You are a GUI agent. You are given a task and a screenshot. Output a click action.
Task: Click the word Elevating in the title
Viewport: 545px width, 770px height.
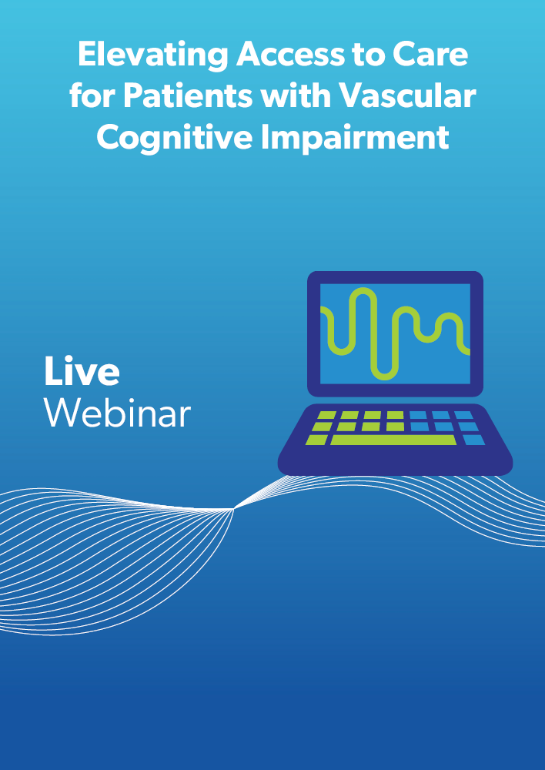pyautogui.click(x=152, y=55)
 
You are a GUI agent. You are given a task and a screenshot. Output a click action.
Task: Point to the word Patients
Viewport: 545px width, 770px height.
pyautogui.click(x=188, y=95)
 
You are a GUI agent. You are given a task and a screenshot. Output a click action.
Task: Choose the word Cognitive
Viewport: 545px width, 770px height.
pyautogui.click(x=175, y=139)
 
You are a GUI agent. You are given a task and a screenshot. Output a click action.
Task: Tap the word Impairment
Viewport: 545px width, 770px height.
pyautogui.click(x=355, y=139)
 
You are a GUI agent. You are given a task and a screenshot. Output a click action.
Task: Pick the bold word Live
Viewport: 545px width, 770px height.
pyautogui.click(x=82, y=371)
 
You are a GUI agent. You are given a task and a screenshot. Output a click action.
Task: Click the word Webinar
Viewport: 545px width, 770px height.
pyautogui.click(x=117, y=413)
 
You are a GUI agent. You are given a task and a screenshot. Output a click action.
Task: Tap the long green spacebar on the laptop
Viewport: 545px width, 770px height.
pyautogui.click(x=393, y=440)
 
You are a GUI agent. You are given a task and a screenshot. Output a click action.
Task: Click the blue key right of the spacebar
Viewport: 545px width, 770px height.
pyautogui.click(x=474, y=440)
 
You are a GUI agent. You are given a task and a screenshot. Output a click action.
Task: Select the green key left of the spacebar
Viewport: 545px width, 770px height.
pyautogui.click(x=316, y=440)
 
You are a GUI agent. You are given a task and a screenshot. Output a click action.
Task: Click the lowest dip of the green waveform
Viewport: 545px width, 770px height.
pyautogui.click(x=384, y=377)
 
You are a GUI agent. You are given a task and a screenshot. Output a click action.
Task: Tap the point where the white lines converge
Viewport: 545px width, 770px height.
pyautogui.click(x=233, y=510)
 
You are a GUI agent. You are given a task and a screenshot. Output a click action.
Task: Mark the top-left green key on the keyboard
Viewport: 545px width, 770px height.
pyautogui.click(x=327, y=416)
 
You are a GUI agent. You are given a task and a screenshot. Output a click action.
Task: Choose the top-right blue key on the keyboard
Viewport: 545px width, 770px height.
pyautogui.click(x=463, y=416)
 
